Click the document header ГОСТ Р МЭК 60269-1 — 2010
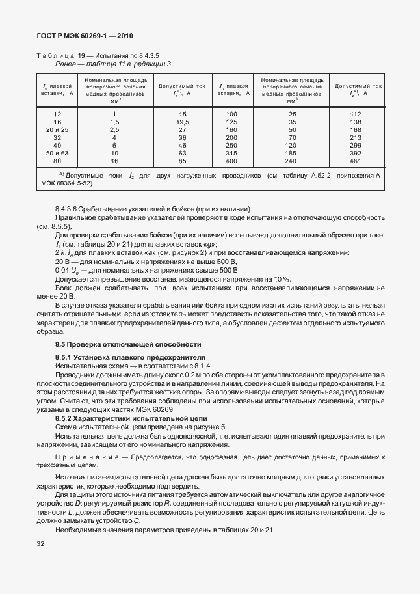tap(84, 37)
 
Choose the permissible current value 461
tap(355, 161)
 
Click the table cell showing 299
tap(355, 146)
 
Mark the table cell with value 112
tap(355, 115)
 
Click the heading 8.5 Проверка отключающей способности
tap(128, 344)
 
